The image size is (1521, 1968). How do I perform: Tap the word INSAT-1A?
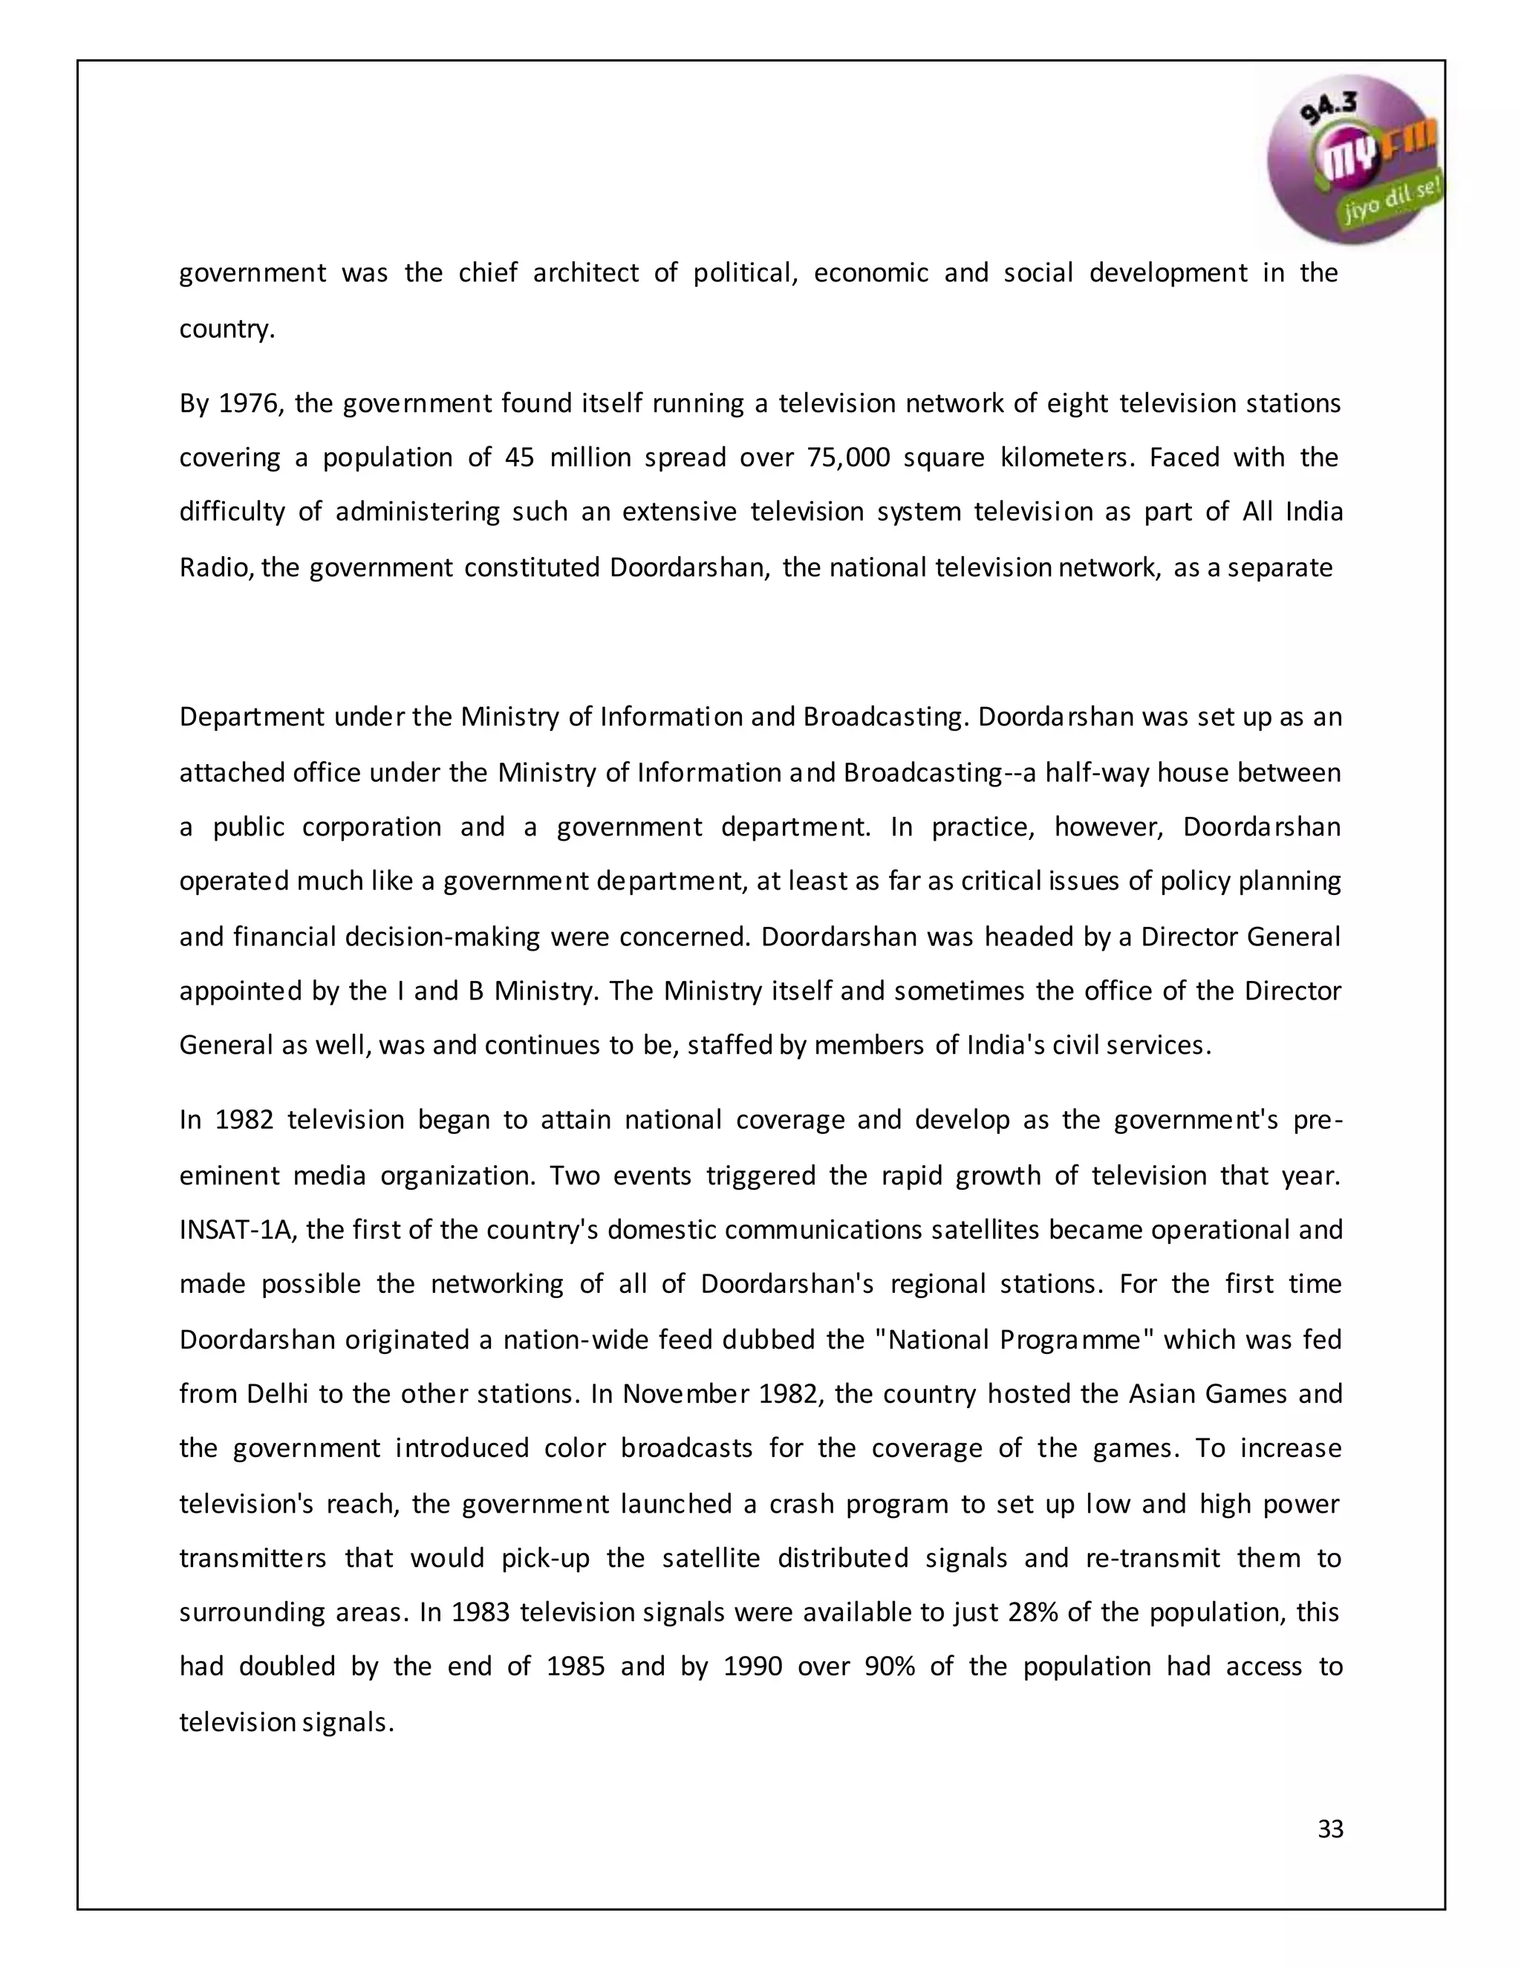(x=237, y=1230)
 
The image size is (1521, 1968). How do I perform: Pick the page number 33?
(x=1330, y=1829)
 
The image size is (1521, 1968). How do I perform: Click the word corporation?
(x=371, y=827)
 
